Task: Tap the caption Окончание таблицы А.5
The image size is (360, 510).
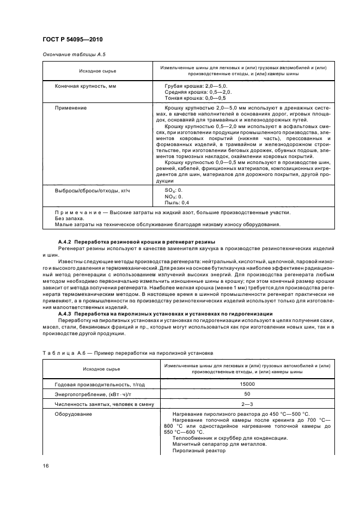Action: [x=70, y=56]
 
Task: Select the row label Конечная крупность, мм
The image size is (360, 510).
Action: [x=86, y=87]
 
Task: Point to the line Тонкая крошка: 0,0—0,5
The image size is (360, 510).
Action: [x=195, y=98]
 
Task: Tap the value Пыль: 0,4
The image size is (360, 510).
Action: [x=177, y=202]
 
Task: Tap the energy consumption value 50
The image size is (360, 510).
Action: [x=247, y=393]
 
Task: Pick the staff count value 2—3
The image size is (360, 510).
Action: [x=247, y=404]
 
